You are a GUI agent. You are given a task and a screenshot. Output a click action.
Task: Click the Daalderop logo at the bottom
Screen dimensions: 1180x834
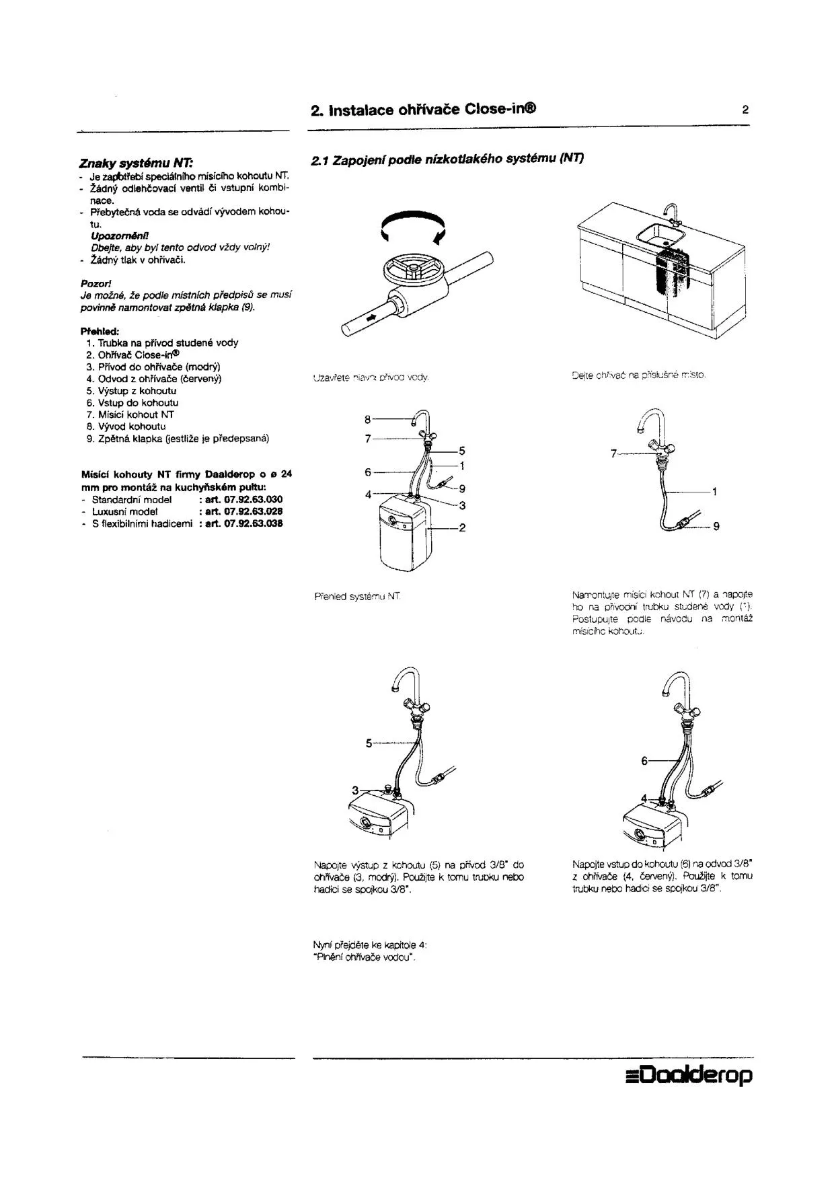coord(689,1075)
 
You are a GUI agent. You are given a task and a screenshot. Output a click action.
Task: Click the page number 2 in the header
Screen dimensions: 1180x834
coord(745,110)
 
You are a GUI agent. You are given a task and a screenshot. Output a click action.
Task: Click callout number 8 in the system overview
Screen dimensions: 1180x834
coord(368,419)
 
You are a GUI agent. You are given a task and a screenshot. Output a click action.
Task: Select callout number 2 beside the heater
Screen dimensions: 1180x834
coord(462,528)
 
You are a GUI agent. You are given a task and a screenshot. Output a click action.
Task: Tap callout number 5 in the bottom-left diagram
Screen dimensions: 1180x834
coord(369,743)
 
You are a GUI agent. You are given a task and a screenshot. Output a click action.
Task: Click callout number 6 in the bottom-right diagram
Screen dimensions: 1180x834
coord(644,761)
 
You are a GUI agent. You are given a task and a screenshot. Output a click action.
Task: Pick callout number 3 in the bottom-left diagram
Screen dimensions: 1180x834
coord(355,790)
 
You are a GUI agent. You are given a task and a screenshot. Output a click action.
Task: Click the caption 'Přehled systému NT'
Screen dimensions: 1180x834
coord(358,596)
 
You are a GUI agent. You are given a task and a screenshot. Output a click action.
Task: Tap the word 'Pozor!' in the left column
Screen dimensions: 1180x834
coord(96,283)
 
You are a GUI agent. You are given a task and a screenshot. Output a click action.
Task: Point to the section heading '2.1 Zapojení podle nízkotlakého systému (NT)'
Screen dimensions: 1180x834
coord(447,159)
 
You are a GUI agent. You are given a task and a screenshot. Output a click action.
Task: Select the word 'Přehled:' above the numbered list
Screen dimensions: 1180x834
coord(100,331)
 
